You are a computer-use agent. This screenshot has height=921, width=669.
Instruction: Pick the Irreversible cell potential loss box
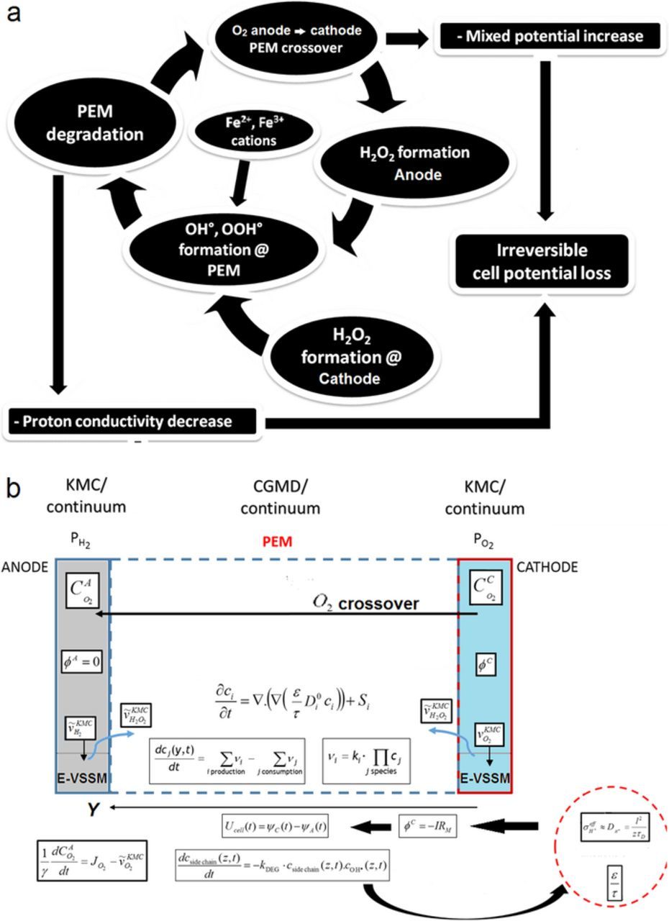(542, 262)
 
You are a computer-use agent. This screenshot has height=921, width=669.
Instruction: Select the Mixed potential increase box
(548, 35)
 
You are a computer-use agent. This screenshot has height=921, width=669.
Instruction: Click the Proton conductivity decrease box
(132, 422)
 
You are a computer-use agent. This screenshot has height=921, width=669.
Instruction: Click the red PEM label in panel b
(277, 542)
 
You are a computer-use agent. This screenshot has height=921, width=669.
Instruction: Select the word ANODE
(25, 568)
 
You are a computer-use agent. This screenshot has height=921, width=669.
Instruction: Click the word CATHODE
(548, 568)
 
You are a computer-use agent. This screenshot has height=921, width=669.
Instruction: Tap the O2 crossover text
(365, 603)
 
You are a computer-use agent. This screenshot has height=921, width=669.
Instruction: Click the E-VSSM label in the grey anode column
(82, 779)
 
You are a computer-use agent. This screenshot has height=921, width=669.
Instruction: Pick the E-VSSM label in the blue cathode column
(485, 779)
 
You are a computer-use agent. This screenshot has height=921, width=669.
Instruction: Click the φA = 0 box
(82, 660)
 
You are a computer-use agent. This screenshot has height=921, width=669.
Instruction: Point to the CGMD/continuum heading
(280, 497)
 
